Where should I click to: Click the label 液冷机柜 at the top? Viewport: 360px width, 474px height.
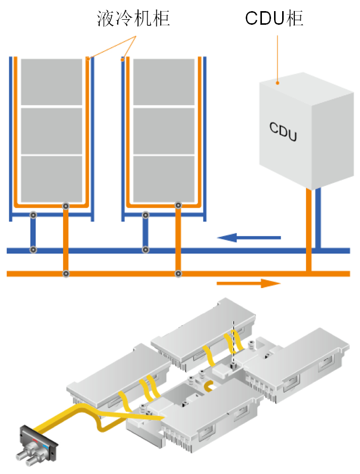coord(133,19)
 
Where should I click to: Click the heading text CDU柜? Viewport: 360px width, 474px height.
coord(274,19)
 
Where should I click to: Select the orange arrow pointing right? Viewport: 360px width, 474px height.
coord(248,283)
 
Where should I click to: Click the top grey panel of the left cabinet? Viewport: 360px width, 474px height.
coord(52,82)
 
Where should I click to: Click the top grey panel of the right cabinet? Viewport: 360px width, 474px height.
coord(164,82)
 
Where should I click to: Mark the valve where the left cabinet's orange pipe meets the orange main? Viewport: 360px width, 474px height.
coord(66,274)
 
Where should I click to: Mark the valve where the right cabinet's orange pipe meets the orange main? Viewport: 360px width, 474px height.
coord(178,274)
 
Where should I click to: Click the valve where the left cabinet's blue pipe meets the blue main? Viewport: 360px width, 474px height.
coord(33,250)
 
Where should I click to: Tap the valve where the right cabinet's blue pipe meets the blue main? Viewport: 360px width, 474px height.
coord(145,250)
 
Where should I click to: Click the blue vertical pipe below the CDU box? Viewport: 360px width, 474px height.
coord(318,217)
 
